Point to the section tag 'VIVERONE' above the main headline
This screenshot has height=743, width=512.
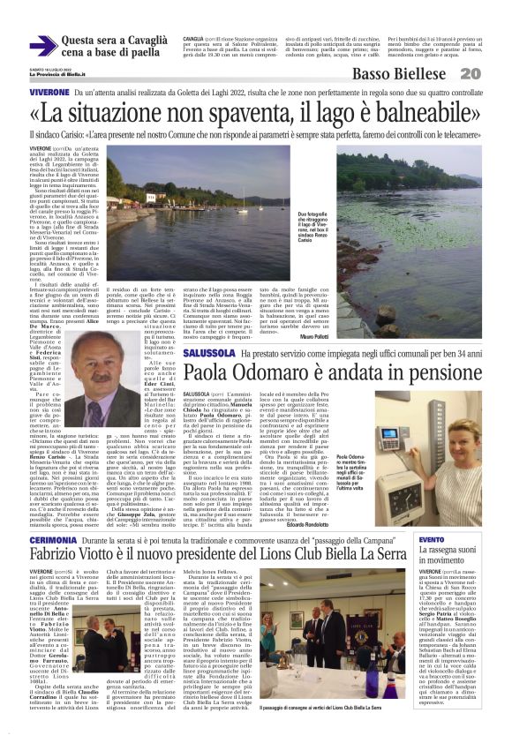[49, 92]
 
